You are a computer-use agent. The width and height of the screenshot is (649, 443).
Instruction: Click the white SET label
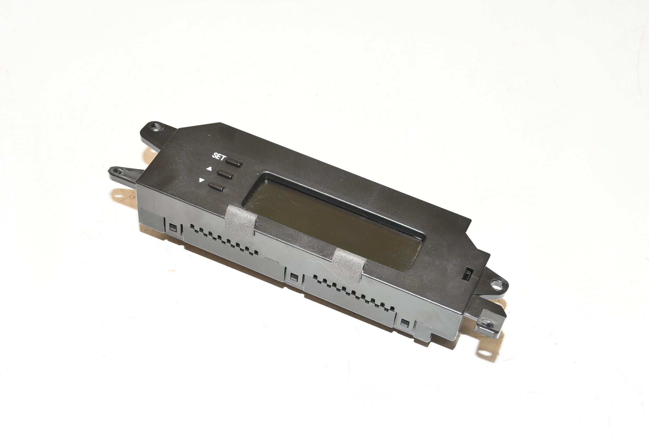coord(218,157)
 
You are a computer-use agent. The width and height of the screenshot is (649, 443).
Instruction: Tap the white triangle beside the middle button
coord(209,169)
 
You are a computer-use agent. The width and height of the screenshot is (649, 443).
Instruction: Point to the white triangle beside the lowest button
coord(202,181)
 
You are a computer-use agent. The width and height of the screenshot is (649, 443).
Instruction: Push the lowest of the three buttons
coord(217,186)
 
